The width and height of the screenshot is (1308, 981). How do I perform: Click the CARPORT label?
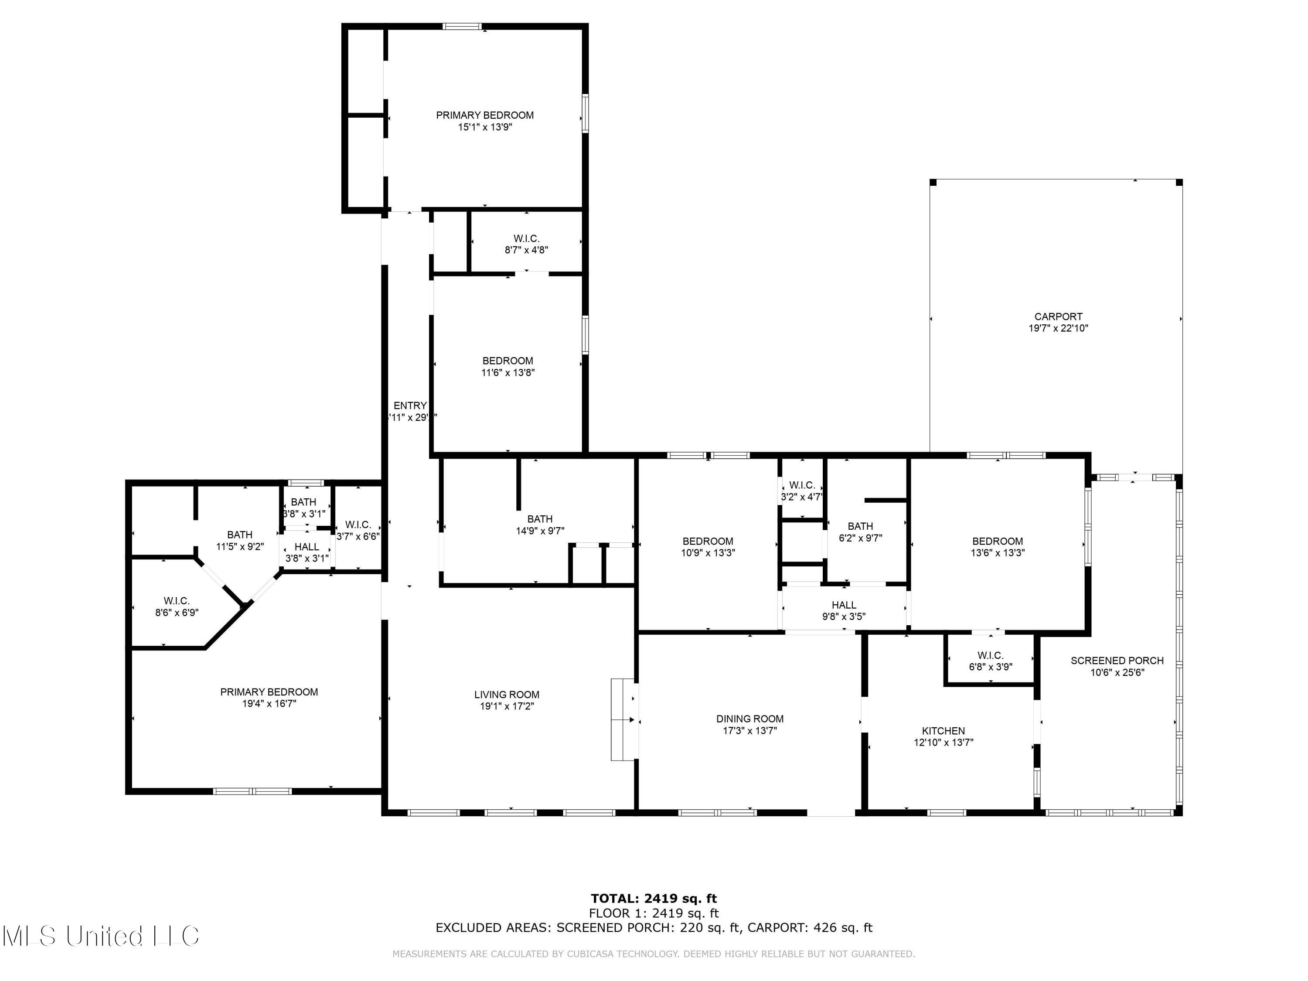pos(1058,317)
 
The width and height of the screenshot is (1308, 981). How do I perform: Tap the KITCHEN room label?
pos(943,731)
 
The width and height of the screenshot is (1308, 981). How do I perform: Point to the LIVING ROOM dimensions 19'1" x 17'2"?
pos(507,706)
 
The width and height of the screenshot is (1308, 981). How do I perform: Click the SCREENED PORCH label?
pos(1117,661)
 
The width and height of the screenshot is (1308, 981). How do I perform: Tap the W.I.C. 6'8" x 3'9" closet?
pos(990,661)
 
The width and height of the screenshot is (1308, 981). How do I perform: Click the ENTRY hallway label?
pos(410,405)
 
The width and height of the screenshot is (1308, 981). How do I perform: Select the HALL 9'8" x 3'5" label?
pos(843,610)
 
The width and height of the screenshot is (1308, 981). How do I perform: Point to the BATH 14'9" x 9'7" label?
pos(540,525)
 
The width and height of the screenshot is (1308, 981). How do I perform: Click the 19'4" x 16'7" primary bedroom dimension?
pos(269,704)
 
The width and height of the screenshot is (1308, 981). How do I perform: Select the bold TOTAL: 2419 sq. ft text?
pos(654,899)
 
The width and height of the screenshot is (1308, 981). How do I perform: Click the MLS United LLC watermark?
pos(101,936)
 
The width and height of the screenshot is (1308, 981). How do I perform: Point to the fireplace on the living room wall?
pos(623,720)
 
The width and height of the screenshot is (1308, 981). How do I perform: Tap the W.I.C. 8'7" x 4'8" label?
pos(526,244)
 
